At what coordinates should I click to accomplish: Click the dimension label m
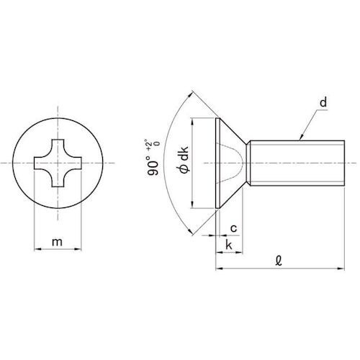tap(57, 242)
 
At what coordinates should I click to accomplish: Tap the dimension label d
tap(323, 102)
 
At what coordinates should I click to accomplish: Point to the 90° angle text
tap(153, 166)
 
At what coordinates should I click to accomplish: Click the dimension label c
tap(233, 228)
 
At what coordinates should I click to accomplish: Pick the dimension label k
tap(229, 245)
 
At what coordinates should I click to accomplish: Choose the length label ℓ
tap(279, 261)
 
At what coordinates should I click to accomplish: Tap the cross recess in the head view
tap(58, 163)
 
